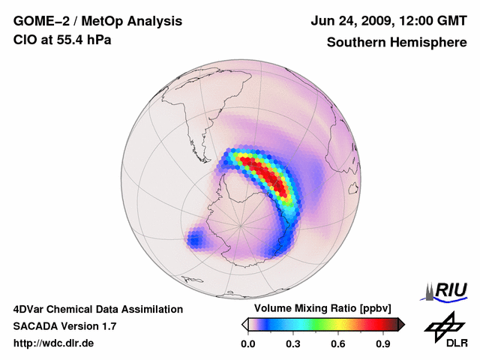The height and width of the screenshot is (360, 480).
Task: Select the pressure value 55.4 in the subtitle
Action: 71,40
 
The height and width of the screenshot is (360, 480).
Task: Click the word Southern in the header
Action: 355,43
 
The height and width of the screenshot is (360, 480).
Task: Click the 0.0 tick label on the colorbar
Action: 247,344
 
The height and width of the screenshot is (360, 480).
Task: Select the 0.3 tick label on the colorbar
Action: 293,344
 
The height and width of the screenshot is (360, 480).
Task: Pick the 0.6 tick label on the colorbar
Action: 339,344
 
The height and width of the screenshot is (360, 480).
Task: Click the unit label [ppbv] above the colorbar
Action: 379,309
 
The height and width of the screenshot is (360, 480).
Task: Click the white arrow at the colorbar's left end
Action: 244,324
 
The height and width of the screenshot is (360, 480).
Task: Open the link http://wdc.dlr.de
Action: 54,343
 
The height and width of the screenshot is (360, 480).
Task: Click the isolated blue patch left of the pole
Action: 196,240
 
